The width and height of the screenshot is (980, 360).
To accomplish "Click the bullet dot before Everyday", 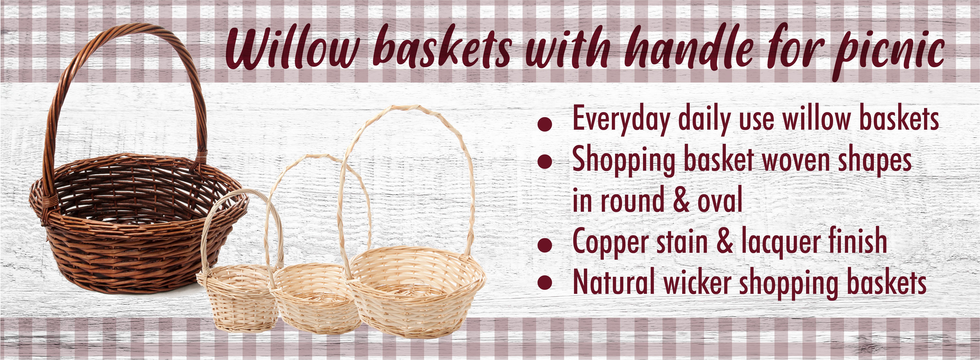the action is tap(545, 124).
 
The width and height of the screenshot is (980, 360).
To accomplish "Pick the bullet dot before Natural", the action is tap(545, 284).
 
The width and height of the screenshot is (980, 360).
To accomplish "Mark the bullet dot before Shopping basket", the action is tap(545, 161).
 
